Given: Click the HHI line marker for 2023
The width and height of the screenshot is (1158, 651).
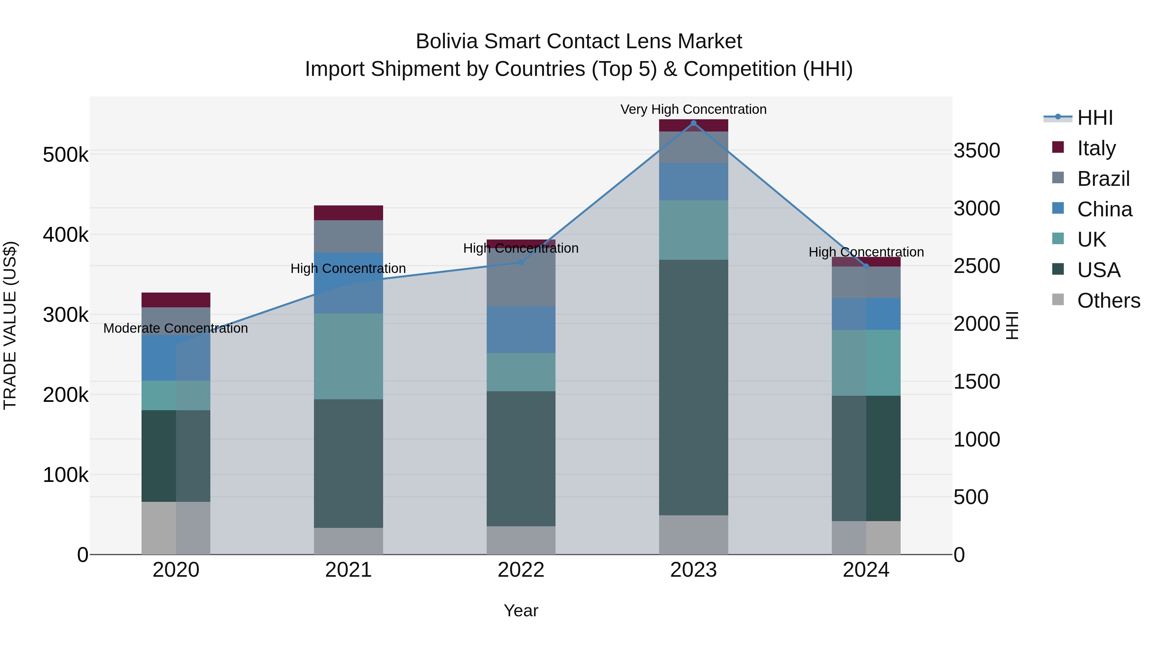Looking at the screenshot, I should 693,123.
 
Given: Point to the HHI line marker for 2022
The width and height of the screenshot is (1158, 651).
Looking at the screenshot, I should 521,262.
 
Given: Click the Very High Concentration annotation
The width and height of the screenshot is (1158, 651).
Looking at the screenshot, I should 693,110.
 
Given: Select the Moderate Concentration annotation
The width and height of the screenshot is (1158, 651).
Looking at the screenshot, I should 175,329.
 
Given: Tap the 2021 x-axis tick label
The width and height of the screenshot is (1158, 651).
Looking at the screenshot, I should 348,570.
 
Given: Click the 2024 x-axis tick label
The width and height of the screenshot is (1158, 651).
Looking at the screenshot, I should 866,570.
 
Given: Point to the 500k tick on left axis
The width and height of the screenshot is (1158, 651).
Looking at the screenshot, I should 66,155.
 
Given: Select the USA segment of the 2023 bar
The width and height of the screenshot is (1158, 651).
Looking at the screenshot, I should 693,387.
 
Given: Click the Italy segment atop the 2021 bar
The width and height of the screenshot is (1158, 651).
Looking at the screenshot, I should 348,212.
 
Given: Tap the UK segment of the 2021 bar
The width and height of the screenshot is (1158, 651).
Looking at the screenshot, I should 348,356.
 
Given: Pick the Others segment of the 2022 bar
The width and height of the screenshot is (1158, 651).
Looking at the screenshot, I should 521,540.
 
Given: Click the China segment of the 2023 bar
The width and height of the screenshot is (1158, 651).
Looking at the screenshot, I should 693,182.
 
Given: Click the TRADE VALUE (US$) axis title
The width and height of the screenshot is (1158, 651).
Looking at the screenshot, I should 10,325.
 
